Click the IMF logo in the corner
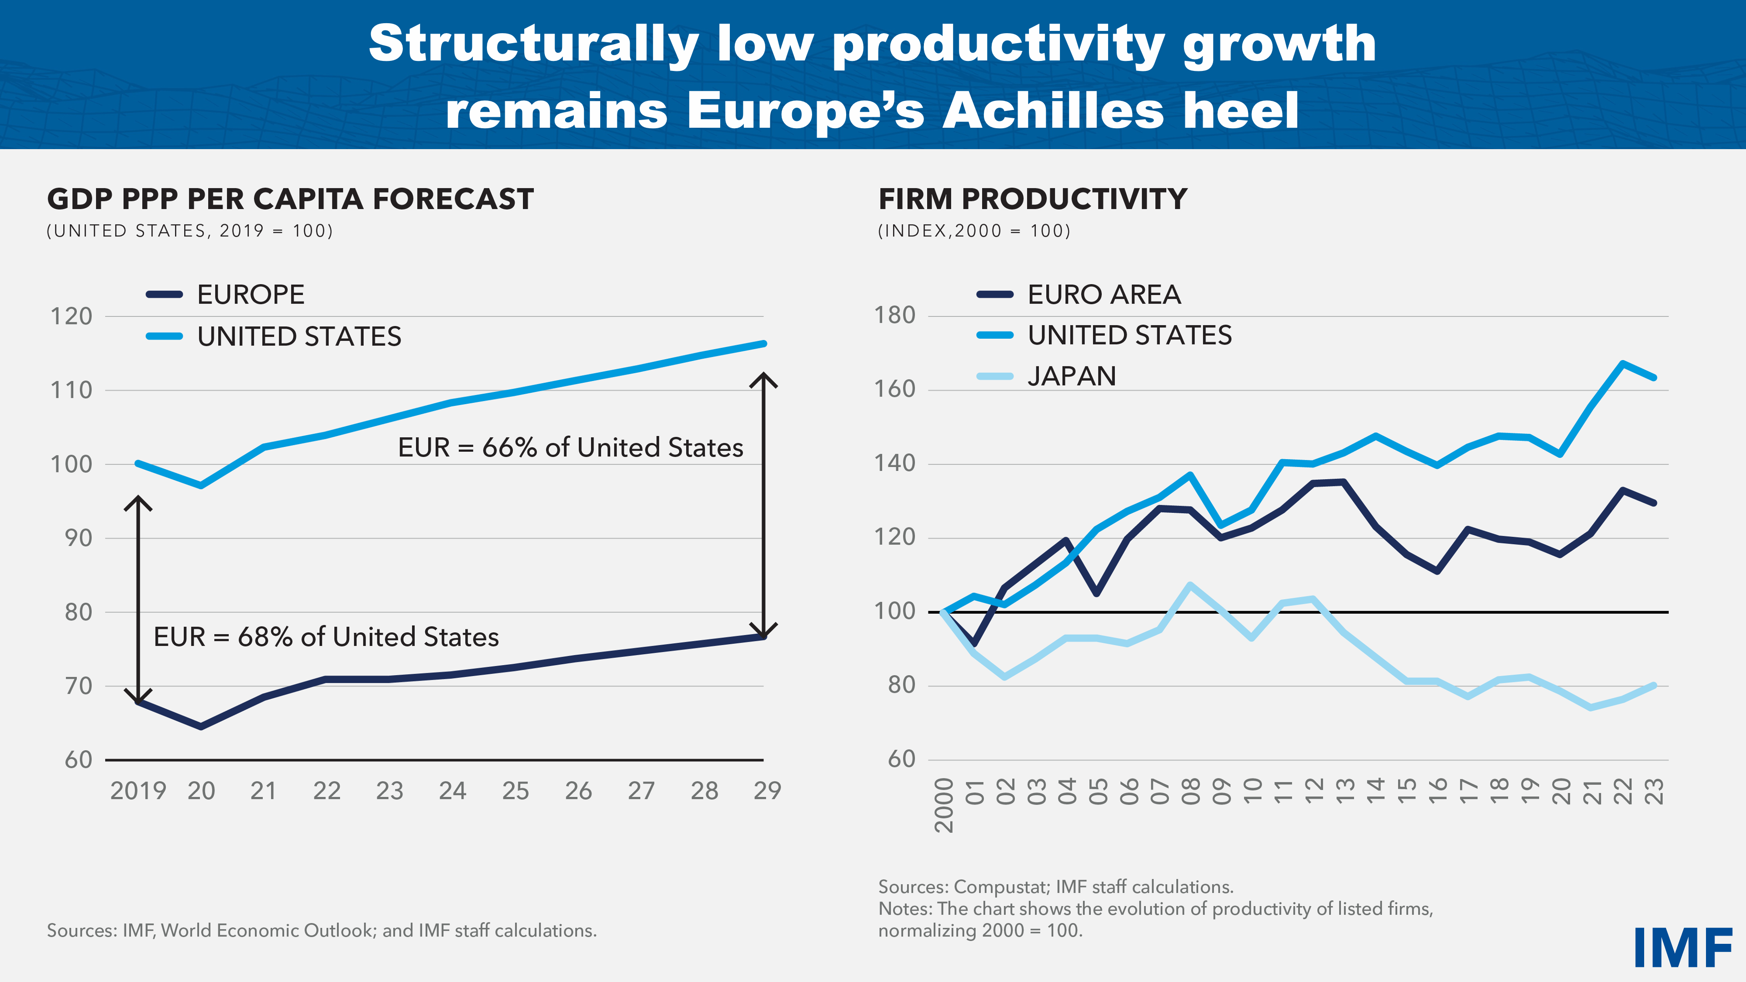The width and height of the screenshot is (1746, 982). click(x=1682, y=947)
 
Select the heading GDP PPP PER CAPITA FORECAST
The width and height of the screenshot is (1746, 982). click(x=290, y=199)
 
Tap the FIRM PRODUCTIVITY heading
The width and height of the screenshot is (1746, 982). click(x=1032, y=199)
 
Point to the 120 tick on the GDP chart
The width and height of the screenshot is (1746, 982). click(x=71, y=316)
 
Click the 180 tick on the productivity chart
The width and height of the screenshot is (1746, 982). click(x=895, y=315)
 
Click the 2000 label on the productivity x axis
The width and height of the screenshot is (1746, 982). click(x=943, y=805)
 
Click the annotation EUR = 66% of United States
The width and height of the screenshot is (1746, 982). click(x=570, y=448)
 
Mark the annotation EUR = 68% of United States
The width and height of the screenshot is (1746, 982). click(x=326, y=637)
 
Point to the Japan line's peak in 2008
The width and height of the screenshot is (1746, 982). click(x=1190, y=584)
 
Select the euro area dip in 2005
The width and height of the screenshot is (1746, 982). click(x=1097, y=593)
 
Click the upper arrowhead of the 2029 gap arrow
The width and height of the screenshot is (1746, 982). click(x=764, y=377)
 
